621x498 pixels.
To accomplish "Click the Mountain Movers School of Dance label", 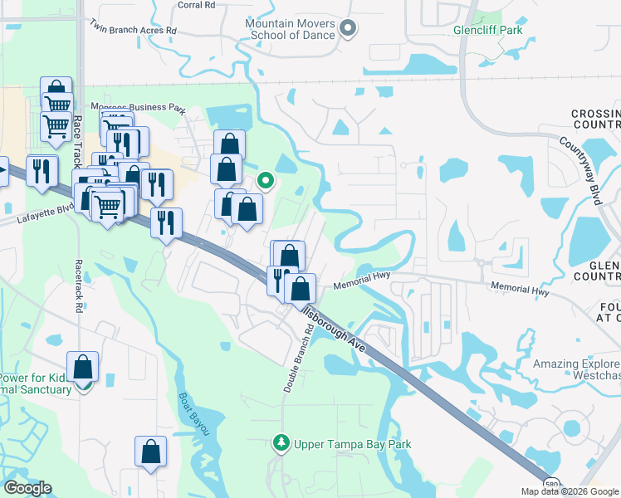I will (x=290, y=30).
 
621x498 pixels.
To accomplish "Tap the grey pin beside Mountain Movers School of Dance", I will (x=349, y=29).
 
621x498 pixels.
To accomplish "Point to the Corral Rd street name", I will (x=197, y=4).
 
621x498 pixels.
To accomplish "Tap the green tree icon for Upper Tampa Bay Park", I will (x=281, y=444).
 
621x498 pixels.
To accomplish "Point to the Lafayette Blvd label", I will (x=40, y=217).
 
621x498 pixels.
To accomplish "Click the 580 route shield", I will (x=551, y=483).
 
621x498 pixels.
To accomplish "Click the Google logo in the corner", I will (x=27, y=488).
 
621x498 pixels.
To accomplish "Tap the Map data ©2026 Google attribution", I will (x=570, y=491).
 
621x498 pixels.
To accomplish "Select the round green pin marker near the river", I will (x=266, y=180).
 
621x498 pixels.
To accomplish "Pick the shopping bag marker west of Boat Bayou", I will (x=151, y=452).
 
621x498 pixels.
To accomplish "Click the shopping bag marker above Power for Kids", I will (x=83, y=366).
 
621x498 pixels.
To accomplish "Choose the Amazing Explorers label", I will (x=576, y=364).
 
